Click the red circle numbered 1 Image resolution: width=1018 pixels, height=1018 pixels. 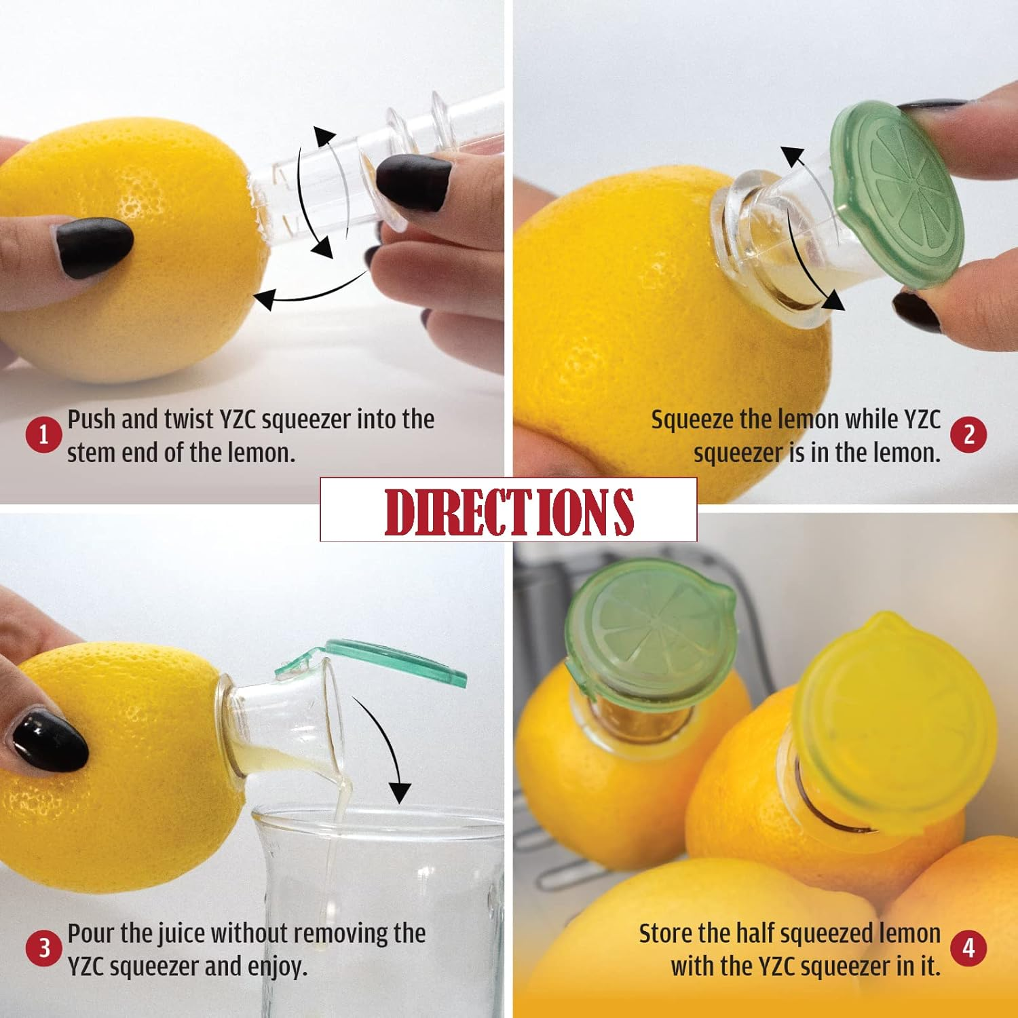tap(43, 435)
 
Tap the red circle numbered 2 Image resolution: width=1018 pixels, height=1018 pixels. tap(968, 435)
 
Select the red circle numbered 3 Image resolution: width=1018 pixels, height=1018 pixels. tap(43, 948)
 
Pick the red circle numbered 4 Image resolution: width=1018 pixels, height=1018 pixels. tap(968, 948)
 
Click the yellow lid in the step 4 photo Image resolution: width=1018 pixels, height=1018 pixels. tap(896, 719)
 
